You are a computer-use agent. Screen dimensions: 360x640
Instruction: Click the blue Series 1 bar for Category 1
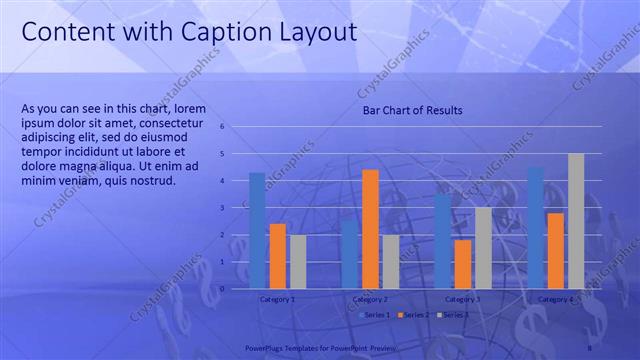pyautogui.click(x=257, y=230)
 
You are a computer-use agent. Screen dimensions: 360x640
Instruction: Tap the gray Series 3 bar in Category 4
pyautogui.click(x=576, y=220)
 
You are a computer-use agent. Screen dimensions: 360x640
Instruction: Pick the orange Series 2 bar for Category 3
pyautogui.click(x=463, y=263)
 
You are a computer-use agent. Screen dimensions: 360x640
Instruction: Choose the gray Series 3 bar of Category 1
pyautogui.click(x=298, y=261)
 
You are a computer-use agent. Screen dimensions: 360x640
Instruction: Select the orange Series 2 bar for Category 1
pyautogui.click(x=278, y=255)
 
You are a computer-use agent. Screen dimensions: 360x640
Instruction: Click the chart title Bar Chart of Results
pyautogui.click(x=412, y=110)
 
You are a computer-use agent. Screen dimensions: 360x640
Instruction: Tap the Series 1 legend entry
pyautogui.click(x=375, y=315)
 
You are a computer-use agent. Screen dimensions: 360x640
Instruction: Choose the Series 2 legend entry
pyautogui.click(x=412, y=315)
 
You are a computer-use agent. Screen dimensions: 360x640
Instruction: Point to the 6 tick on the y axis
pyautogui.click(x=236, y=127)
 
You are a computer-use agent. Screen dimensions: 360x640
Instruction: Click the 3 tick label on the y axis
pyautogui.click(x=236, y=208)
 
